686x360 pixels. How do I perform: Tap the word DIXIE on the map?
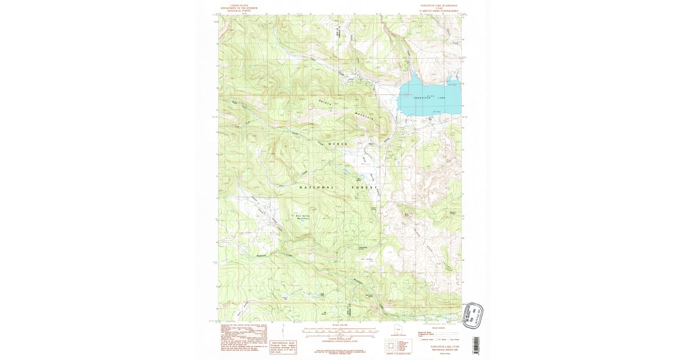pyautogui.click(x=338, y=144)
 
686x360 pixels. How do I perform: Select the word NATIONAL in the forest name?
pyautogui.click(x=317, y=187)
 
